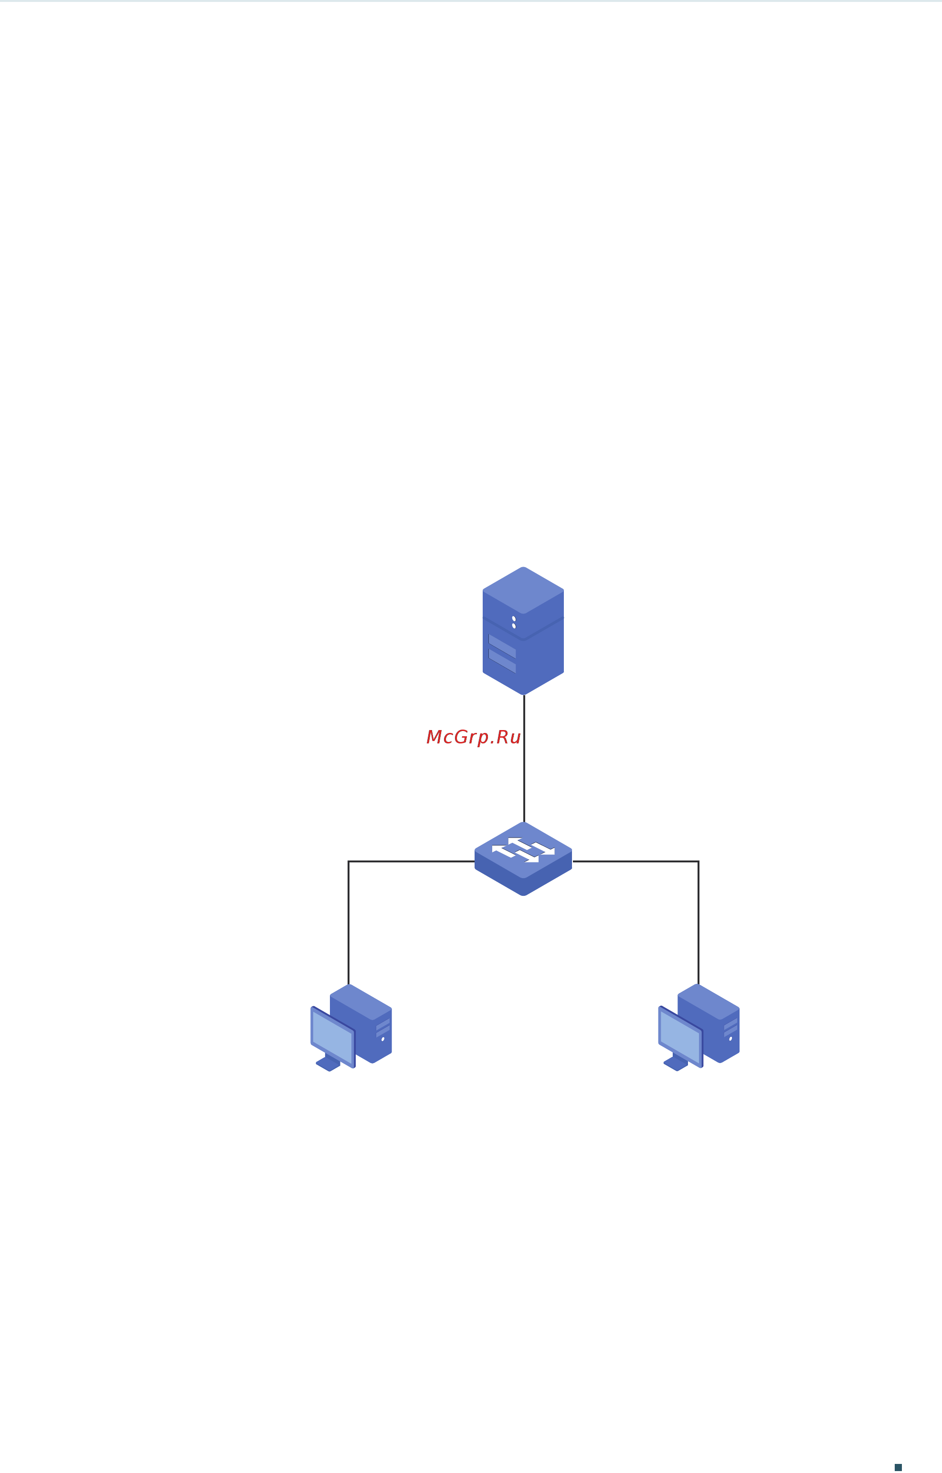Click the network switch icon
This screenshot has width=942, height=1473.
tap(523, 859)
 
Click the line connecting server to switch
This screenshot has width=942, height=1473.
tap(524, 758)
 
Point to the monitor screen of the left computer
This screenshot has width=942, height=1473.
tap(332, 1037)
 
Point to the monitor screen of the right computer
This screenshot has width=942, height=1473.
tap(679, 1037)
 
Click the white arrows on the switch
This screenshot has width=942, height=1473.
tap(523, 850)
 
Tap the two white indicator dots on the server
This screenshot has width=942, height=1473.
tap(514, 623)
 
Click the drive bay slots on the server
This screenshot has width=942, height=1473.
tap(502, 654)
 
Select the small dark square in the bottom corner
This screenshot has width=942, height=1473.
tap(898, 1467)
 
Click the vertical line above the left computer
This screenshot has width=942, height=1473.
tap(349, 923)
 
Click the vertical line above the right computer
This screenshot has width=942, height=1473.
tap(699, 923)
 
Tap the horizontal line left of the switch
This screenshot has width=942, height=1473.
tap(412, 861)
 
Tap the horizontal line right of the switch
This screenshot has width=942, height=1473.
tap(635, 861)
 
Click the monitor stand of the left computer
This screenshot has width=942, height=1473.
tap(328, 1063)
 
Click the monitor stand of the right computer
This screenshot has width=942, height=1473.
tap(676, 1063)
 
